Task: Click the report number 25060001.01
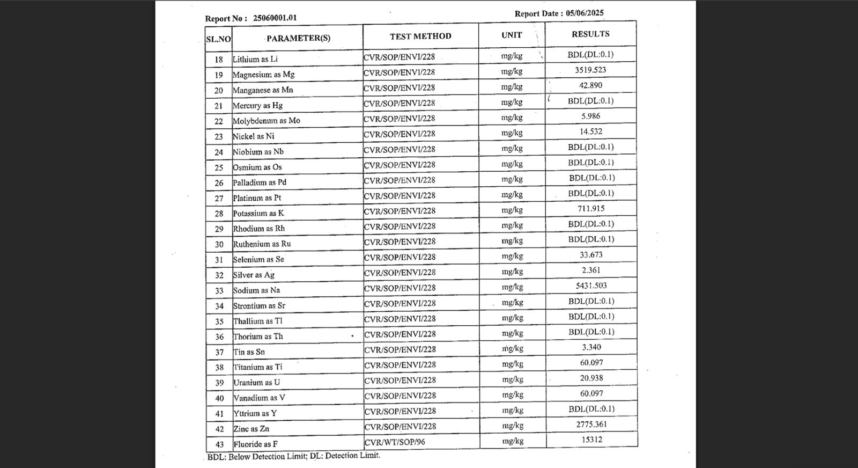(x=275, y=18)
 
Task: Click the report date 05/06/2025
(x=585, y=13)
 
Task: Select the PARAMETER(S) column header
(x=298, y=38)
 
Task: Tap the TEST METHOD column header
(x=420, y=36)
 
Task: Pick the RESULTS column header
(x=590, y=34)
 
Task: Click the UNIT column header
(x=512, y=35)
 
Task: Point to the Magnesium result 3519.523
(x=590, y=70)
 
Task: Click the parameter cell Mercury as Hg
(x=257, y=105)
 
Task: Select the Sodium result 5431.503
(x=591, y=286)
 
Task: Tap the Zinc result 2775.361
(x=591, y=424)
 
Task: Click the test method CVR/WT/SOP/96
(x=395, y=442)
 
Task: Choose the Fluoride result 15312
(x=591, y=440)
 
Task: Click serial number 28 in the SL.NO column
(x=219, y=214)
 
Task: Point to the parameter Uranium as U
(x=256, y=383)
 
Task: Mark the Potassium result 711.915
(x=590, y=208)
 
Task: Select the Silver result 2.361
(x=591, y=270)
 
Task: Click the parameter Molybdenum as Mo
(x=266, y=121)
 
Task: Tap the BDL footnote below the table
(x=293, y=456)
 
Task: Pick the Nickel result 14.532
(x=590, y=131)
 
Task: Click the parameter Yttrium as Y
(x=255, y=413)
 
